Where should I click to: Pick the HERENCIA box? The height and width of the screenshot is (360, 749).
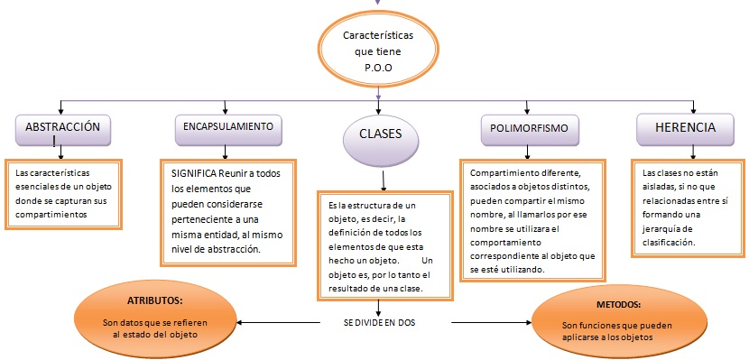(x=686, y=128)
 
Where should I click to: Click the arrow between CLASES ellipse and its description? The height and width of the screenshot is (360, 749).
(x=384, y=180)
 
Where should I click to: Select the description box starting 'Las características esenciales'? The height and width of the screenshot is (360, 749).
(x=63, y=193)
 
